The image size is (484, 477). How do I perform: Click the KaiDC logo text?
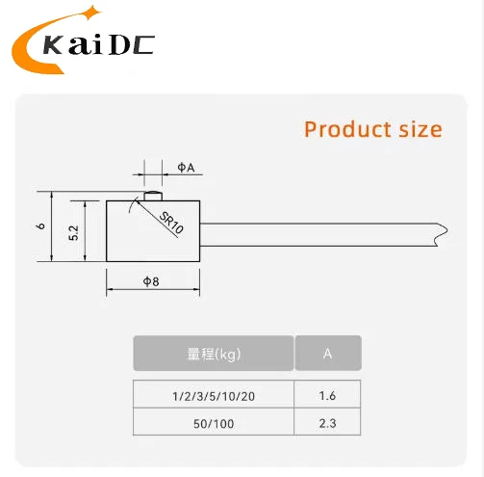click(99, 44)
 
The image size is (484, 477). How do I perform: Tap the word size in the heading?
click(420, 129)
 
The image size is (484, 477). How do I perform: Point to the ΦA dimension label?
click(186, 168)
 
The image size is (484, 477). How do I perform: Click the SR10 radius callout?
click(171, 223)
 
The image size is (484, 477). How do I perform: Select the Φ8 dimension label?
click(151, 281)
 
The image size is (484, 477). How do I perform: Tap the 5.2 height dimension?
click(73, 232)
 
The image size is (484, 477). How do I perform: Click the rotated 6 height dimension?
click(40, 226)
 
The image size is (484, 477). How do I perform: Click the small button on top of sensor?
click(153, 196)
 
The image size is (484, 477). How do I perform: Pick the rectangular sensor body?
click(153, 231)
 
